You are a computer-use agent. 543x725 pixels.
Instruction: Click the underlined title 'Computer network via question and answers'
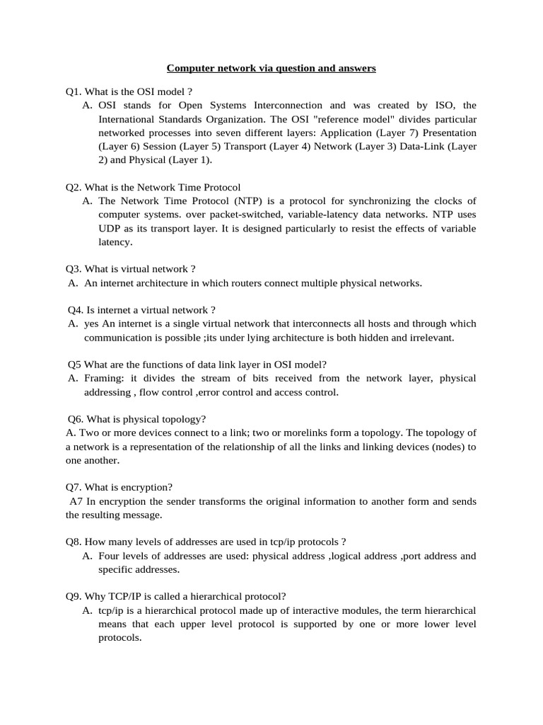(271, 69)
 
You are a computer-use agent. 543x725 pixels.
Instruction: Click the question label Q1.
(74, 91)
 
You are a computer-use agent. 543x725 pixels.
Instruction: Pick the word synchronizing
(368, 200)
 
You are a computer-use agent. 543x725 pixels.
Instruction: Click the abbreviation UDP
(109, 228)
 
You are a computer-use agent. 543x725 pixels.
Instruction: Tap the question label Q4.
(76, 309)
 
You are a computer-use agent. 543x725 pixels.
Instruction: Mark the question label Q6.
(76, 419)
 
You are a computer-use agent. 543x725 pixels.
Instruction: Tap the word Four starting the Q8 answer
(110, 556)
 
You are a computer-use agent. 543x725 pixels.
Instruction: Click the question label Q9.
(74, 596)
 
